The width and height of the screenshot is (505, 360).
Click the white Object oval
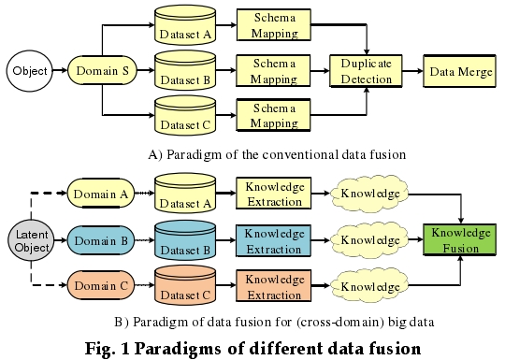pyautogui.click(x=30, y=70)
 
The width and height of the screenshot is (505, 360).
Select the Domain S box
pyautogui.click(x=100, y=70)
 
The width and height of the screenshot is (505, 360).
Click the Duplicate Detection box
pyautogui.click(x=367, y=71)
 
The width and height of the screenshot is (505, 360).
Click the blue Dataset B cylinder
pyautogui.click(x=185, y=240)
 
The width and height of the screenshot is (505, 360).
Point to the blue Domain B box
pyautogui.click(x=101, y=240)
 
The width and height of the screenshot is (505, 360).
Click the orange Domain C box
pyautogui.click(x=101, y=285)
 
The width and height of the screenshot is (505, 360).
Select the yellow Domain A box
pyautogui.click(x=101, y=194)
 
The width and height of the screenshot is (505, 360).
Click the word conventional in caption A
pyautogui.click(x=278, y=152)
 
